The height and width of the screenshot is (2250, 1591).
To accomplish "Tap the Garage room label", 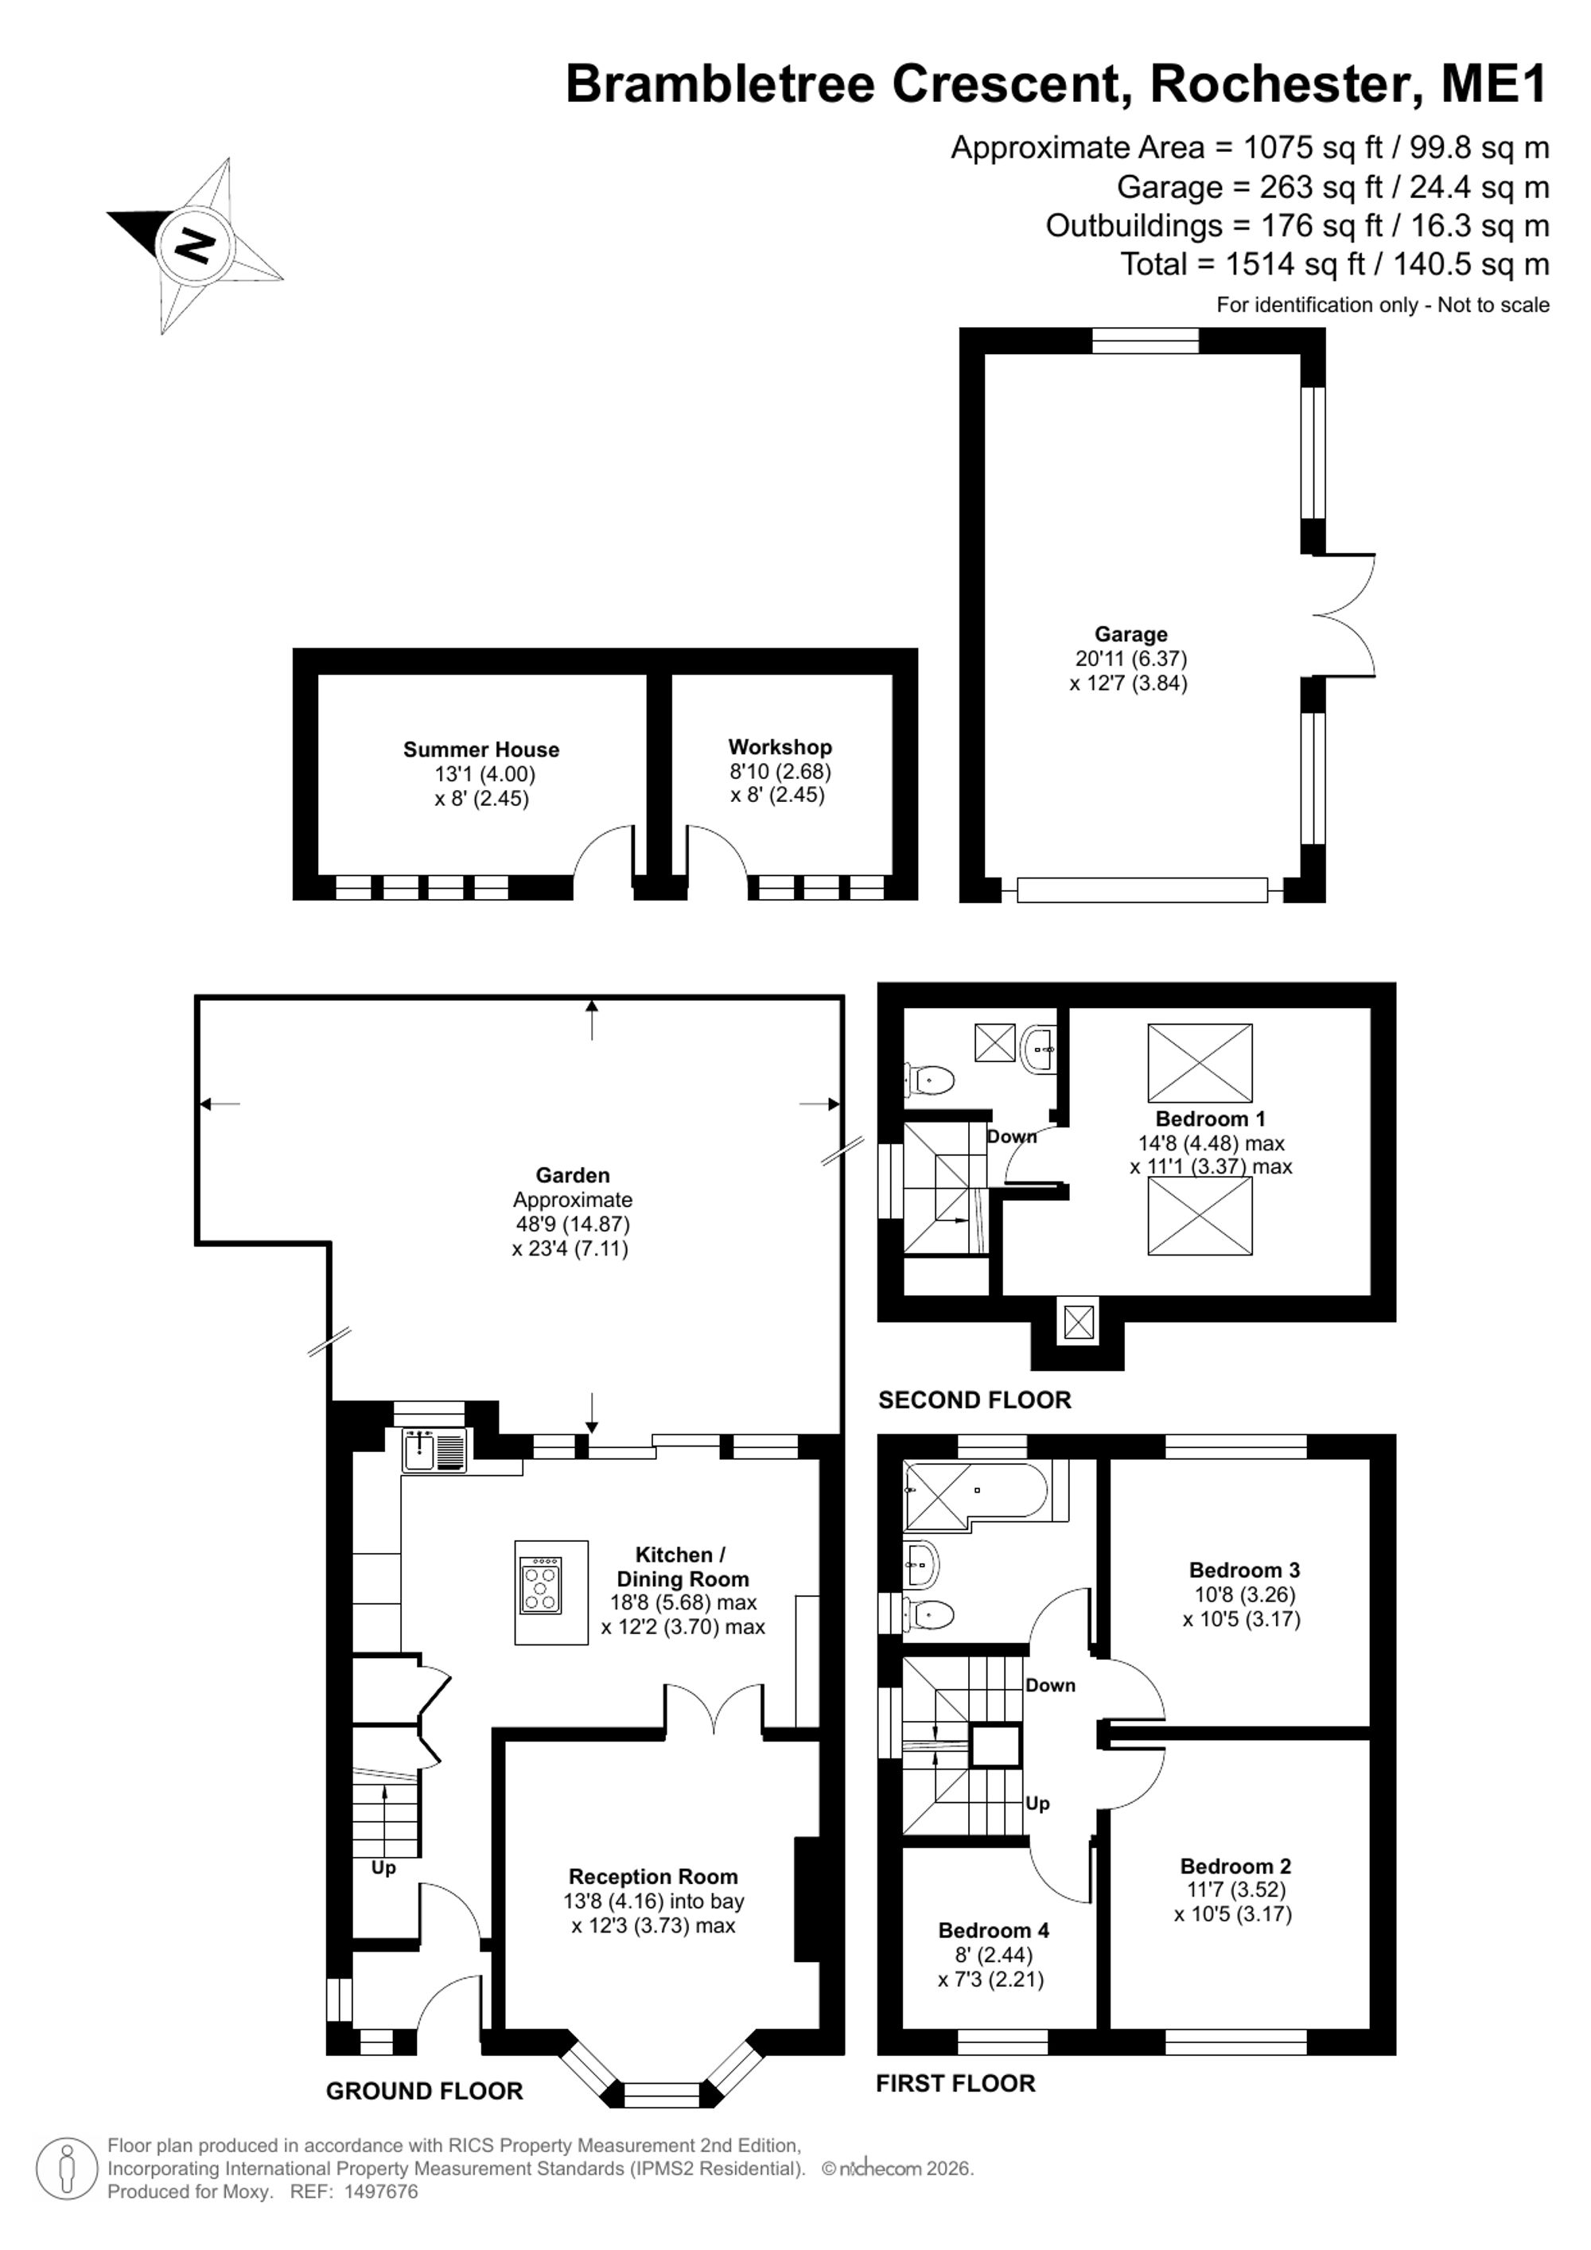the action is (x=1130, y=635).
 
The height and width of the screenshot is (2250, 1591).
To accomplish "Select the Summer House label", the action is (x=481, y=749).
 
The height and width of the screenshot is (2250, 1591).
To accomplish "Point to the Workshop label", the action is (x=780, y=748).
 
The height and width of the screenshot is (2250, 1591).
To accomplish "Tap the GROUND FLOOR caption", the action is (x=424, y=2091).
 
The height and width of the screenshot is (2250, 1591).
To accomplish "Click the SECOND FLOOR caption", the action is (x=974, y=1400).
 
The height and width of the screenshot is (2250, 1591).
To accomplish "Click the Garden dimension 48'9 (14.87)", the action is (x=573, y=1224).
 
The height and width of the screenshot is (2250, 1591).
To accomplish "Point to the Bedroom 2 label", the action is (x=1235, y=1866).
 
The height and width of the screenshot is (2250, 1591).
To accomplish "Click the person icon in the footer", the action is (x=68, y=2170).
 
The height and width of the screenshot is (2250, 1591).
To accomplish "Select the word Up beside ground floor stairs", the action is (x=383, y=1869).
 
